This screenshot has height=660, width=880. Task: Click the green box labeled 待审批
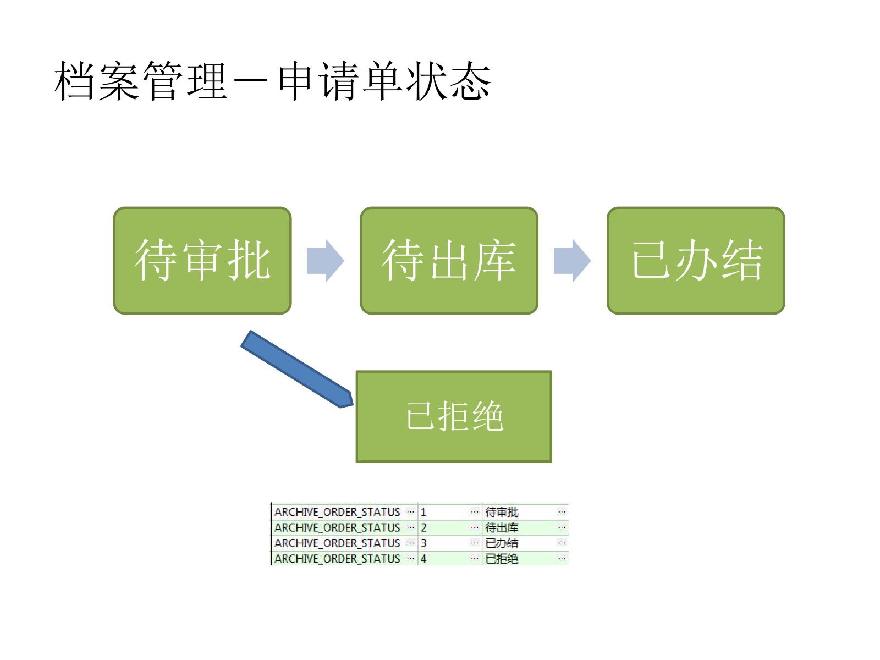pyautogui.click(x=202, y=261)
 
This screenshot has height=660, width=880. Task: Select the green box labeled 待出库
pyautogui.click(x=449, y=261)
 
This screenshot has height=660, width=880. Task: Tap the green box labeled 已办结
pyautogui.click(x=696, y=261)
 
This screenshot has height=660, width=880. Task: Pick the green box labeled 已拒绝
pyautogui.click(x=454, y=416)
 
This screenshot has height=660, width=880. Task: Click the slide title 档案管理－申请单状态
pyautogui.click(x=272, y=81)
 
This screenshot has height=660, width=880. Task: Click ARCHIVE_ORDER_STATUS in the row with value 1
pyautogui.click(x=337, y=512)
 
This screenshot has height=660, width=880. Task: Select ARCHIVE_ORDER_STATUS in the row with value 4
pyautogui.click(x=337, y=559)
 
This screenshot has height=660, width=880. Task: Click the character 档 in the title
pyautogui.click(x=75, y=81)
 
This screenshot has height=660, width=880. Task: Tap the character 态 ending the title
pyautogui.click(x=470, y=81)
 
